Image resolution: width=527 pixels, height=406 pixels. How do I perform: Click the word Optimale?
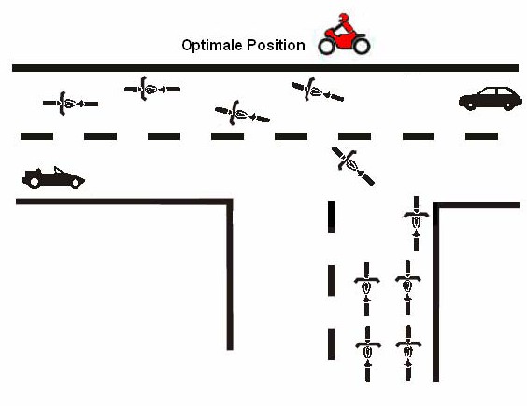[x=212, y=46]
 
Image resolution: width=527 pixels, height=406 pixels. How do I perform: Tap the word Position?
[x=276, y=46]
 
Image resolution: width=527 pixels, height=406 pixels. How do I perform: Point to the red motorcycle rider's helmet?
[x=344, y=18]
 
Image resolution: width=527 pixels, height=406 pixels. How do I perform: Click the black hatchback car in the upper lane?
[x=491, y=98]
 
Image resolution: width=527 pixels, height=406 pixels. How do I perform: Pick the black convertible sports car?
[x=53, y=177]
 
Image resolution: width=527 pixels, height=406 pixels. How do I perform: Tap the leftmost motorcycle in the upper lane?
[x=71, y=104]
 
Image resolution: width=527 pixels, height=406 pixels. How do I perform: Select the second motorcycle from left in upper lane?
[x=152, y=89]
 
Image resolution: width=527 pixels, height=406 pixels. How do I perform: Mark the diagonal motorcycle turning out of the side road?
[x=353, y=166]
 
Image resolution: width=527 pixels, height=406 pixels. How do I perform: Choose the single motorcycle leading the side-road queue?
[x=416, y=223]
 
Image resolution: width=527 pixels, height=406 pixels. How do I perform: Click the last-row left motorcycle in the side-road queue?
[x=368, y=354]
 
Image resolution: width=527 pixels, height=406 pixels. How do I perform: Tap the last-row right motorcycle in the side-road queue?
[x=408, y=353]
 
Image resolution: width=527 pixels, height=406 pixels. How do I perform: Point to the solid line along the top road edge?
[x=265, y=68]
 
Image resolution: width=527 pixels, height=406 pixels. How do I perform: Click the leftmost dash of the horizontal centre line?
[x=36, y=136]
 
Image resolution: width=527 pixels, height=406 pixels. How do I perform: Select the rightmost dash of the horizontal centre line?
[x=481, y=136]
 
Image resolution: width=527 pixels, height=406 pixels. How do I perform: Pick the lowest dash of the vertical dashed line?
[x=332, y=344]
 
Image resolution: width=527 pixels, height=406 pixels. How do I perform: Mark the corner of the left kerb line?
[x=230, y=202]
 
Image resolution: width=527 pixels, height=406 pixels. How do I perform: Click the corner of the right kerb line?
[x=435, y=205]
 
